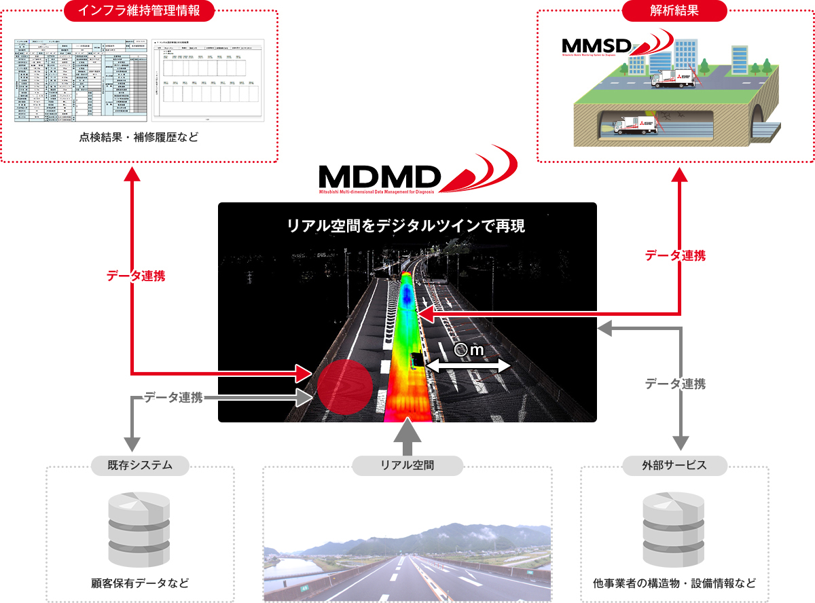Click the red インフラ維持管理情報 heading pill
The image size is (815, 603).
tap(139, 11)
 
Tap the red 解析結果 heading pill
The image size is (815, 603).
tap(675, 11)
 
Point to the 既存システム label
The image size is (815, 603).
tap(140, 465)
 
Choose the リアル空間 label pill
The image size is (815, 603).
tap(407, 465)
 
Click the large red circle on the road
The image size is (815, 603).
tap(345, 386)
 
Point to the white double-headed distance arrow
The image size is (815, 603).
tap(469, 366)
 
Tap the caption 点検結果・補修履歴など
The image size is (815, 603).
tap(139, 139)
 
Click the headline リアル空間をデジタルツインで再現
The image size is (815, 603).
tap(407, 226)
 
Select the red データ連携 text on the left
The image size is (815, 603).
tap(136, 276)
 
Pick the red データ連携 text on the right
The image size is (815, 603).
tap(675, 255)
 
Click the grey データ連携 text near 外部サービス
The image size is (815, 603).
tap(675, 384)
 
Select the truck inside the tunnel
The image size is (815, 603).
tap(631, 125)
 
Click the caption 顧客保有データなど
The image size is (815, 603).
tap(140, 583)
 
